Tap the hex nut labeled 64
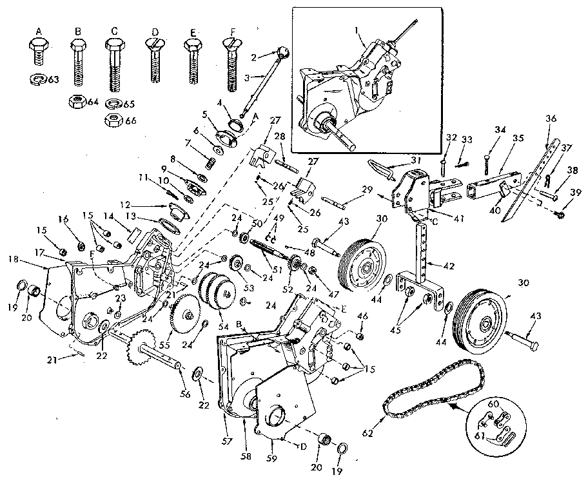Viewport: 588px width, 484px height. coord(77,101)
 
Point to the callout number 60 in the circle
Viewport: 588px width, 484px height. coord(495,404)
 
